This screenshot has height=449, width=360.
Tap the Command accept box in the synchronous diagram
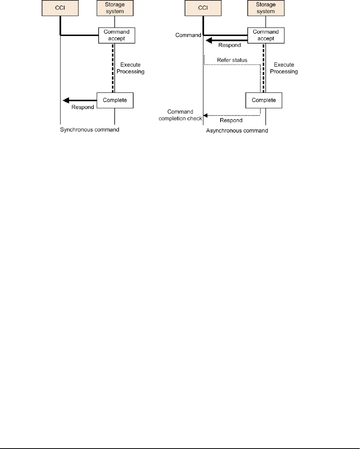[x=115, y=35]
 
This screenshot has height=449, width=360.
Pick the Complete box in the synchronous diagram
[x=115, y=101]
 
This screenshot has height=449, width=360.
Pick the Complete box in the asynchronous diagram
[x=264, y=101]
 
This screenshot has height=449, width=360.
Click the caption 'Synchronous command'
[x=90, y=130]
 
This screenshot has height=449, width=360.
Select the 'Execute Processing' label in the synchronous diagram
[x=133, y=68]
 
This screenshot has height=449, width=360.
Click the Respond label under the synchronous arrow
[x=83, y=107]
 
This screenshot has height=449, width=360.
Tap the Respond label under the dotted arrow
[x=231, y=120]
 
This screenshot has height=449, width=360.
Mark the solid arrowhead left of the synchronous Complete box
[x=65, y=101]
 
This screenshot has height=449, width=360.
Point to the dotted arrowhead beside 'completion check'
[x=205, y=115]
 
